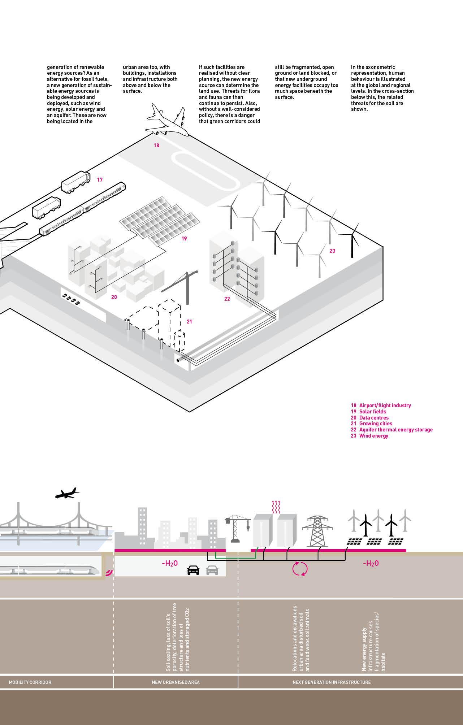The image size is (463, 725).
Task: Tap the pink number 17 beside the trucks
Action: click(100, 179)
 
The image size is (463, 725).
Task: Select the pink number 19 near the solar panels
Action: click(184, 239)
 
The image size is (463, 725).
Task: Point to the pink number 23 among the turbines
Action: click(332, 251)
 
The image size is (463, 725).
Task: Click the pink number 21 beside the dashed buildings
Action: click(190, 322)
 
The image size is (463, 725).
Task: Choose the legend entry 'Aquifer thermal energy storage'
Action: click(391, 430)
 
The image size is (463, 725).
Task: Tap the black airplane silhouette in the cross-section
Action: click(67, 493)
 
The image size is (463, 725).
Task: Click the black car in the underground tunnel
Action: click(193, 570)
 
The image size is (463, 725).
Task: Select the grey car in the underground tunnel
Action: click(212, 570)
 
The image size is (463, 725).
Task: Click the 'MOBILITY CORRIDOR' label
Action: click(30, 682)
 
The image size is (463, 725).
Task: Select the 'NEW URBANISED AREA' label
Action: click(176, 682)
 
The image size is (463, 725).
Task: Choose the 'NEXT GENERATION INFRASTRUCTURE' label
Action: click(332, 682)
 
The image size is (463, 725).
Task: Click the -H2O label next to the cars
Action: click(169, 563)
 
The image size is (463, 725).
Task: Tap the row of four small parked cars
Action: click(71, 299)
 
